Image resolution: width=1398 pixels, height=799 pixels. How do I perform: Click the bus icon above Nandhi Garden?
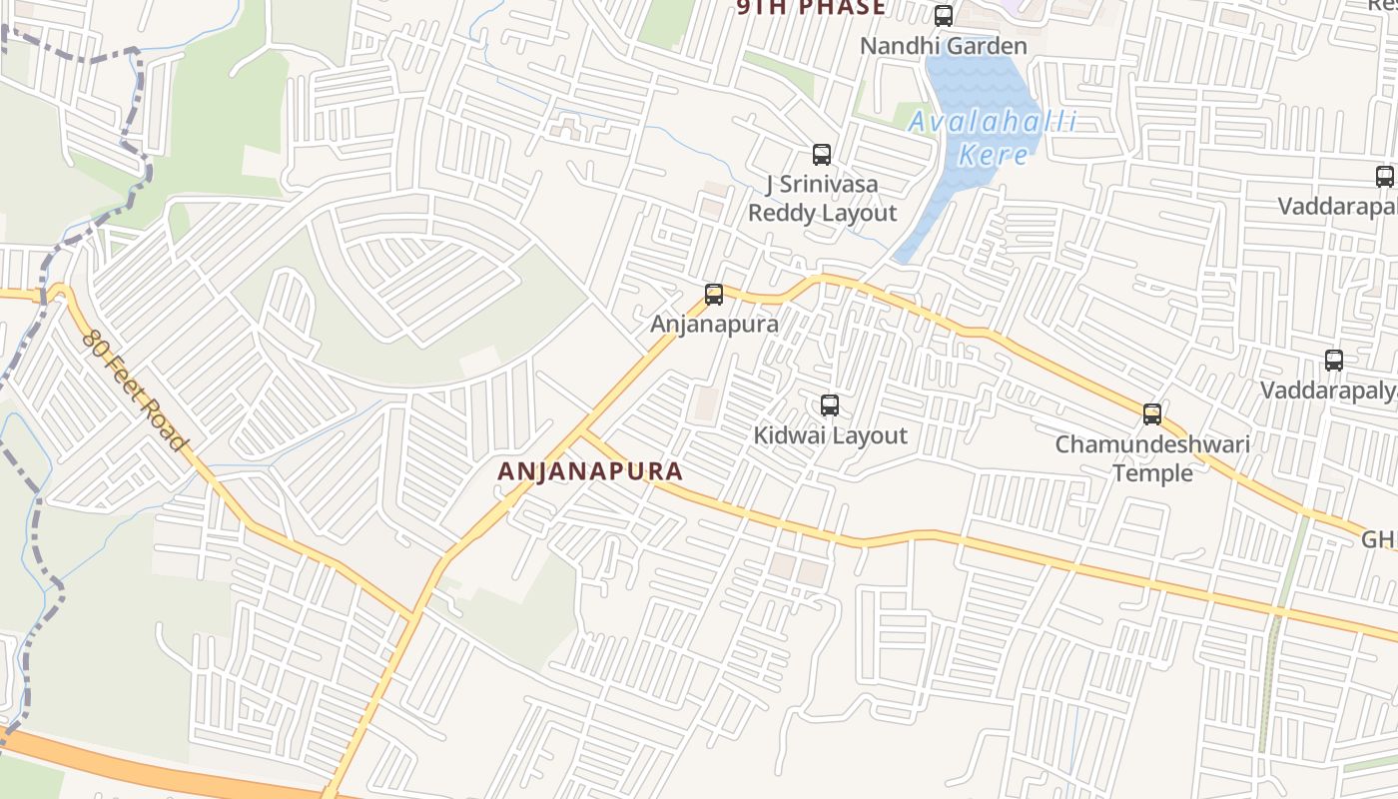943,16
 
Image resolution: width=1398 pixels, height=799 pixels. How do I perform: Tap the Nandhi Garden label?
943,46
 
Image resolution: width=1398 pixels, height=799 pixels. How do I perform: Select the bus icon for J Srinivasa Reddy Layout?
822,155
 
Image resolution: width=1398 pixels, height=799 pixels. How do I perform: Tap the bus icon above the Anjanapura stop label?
713,295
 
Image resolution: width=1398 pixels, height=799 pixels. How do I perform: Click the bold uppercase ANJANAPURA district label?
590,471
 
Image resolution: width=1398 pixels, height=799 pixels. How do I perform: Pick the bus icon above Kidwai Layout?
829,405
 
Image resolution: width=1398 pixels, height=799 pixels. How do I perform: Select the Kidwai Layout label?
830,435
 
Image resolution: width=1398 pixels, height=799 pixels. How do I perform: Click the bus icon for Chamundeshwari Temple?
1152,414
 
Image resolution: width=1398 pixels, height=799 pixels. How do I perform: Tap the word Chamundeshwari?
1152,443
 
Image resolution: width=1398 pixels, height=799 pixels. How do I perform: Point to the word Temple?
1152,472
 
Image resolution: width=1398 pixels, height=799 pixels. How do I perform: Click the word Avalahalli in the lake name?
993,123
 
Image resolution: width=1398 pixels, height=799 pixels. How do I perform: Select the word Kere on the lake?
993,155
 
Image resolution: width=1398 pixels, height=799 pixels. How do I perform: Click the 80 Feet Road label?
136,390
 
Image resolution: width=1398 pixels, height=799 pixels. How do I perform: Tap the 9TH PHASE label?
811,8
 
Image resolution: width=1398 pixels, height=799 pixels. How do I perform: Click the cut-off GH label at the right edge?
1379,539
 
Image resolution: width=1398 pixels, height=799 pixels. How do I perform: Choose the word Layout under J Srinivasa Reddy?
859,213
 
